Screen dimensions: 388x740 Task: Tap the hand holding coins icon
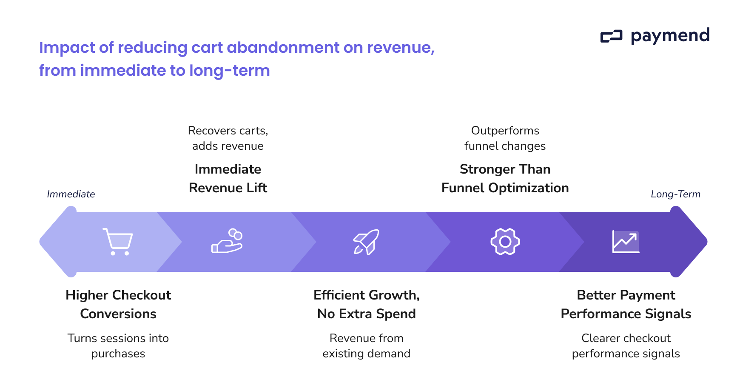(x=227, y=241)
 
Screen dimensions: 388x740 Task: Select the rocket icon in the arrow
(x=366, y=242)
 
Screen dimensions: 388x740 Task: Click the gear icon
(x=505, y=242)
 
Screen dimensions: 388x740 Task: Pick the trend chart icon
(x=626, y=242)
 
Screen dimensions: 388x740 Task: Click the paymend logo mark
(x=611, y=37)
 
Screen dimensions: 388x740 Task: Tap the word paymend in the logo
(x=670, y=36)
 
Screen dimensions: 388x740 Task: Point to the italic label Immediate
(x=71, y=194)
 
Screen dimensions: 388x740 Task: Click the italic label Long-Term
(x=675, y=194)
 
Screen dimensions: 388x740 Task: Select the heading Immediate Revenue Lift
(x=228, y=178)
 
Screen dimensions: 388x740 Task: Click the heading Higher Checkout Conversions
(x=118, y=304)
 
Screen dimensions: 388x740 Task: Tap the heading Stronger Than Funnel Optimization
(x=505, y=178)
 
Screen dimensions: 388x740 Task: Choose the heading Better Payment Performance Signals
(x=626, y=304)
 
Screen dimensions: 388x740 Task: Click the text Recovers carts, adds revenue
(x=228, y=138)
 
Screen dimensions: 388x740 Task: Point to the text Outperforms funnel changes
(x=505, y=138)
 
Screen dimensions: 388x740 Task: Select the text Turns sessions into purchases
(x=118, y=346)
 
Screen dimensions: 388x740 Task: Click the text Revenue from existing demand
(x=366, y=346)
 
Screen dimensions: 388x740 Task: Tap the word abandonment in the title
(x=283, y=47)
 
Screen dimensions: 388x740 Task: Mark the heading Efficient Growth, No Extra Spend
(x=366, y=304)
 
